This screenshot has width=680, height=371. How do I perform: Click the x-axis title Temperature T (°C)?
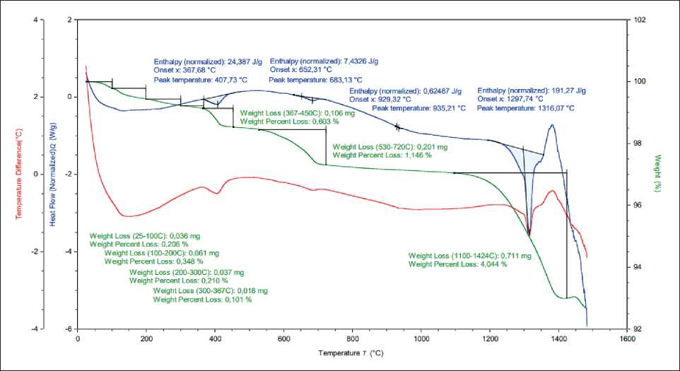(x=351, y=352)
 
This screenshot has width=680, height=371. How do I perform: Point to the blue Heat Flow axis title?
(x=53, y=175)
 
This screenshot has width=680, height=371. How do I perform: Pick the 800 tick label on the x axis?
(x=352, y=338)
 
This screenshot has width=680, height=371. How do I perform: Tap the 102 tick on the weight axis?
(x=640, y=20)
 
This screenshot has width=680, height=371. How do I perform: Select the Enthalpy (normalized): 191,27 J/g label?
(x=532, y=90)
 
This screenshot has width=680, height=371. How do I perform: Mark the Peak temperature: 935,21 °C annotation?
(x=419, y=108)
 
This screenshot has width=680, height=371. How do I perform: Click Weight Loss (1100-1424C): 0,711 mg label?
(x=460, y=256)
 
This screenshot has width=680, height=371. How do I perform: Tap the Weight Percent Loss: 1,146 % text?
(x=382, y=155)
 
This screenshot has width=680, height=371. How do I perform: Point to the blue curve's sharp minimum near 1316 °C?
(x=529, y=233)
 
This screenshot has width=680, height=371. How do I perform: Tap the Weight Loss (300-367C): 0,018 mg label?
(x=210, y=291)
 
